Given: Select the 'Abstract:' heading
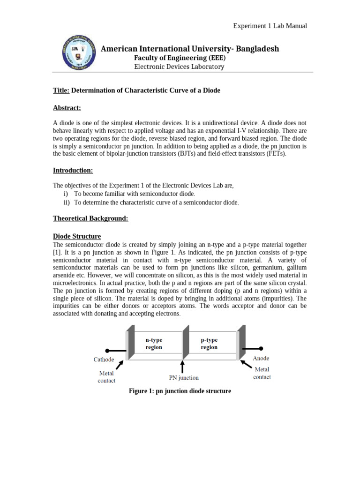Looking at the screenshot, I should pyautogui.click(x=67, y=108).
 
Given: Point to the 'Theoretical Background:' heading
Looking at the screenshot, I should pyautogui.click(x=90, y=218).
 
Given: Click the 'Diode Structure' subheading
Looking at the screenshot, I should pyautogui.click(x=77, y=236).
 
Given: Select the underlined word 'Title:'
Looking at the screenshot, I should pyautogui.click(x=61, y=90).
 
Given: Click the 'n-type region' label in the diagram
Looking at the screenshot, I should pyautogui.click(x=154, y=344).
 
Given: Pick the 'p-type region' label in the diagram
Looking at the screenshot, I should pyautogui.click(x=209, y=344).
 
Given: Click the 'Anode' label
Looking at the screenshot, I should pyautogui.click(x=261, y=358).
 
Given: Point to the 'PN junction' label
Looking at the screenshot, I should pyautogui.click(x=184, y=377).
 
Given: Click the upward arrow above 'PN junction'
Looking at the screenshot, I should pyautogui.click(x=183, y=366).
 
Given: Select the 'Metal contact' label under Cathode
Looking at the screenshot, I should pyautogui.click(x=106, y=377).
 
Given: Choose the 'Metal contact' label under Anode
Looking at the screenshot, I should pyautogui.click(x=262, y=373).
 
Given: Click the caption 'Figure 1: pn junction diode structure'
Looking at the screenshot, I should pyautogui.click(x=180, y=391).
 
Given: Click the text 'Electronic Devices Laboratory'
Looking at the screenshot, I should pyautogui.click(x=179, y=67).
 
